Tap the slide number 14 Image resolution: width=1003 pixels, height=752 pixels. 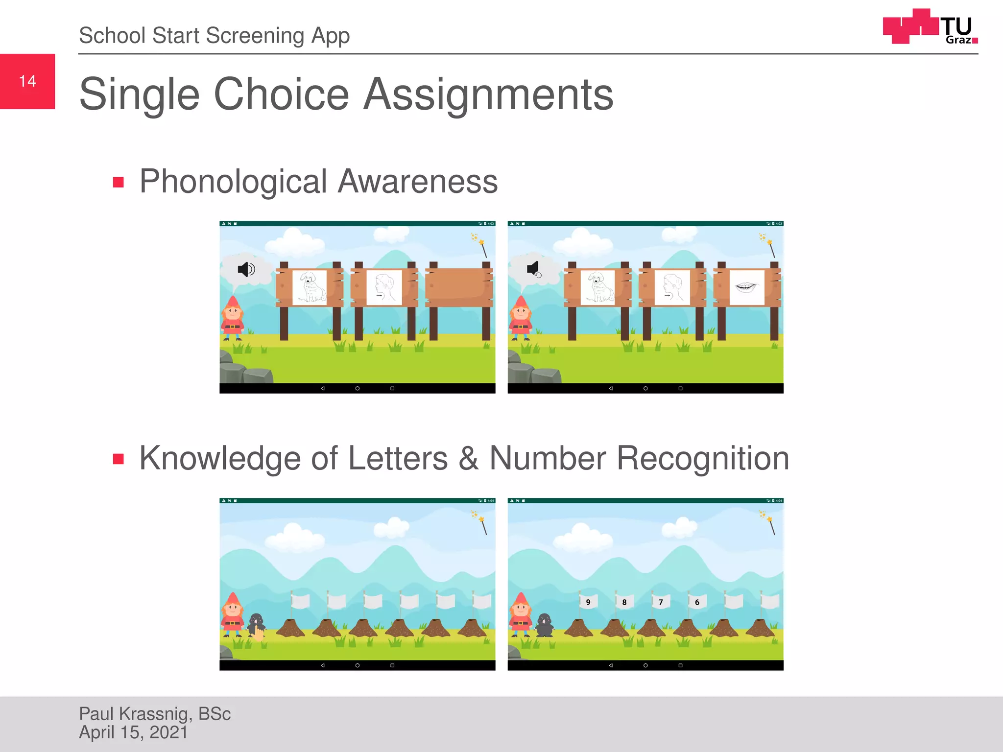pos(27,81)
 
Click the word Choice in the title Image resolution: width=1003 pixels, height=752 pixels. pos(281,94)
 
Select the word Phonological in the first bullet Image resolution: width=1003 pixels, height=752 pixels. pos(233,182)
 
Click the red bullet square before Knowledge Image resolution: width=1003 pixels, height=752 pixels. pos(118,459)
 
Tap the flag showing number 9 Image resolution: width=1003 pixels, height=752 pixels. pos(588,602)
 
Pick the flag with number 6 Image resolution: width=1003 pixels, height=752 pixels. pos(697,602)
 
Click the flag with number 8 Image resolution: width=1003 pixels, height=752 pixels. pos(624,602)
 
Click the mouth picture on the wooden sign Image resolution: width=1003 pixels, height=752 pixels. pos(746,287)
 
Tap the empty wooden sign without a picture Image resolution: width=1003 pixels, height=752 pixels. pos(459,287)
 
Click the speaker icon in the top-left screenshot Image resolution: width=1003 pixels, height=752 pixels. pos(246,269)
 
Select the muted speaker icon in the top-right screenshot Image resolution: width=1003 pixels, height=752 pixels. pos(534,269)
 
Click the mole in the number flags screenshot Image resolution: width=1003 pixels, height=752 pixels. pos(544,625)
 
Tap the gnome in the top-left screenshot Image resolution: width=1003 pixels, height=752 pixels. pos(233,318)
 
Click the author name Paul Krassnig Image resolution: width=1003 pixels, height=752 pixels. pos(154,714)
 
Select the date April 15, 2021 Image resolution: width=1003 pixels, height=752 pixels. pos(133,732)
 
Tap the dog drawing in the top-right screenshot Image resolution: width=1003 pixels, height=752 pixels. pos(598,287)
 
